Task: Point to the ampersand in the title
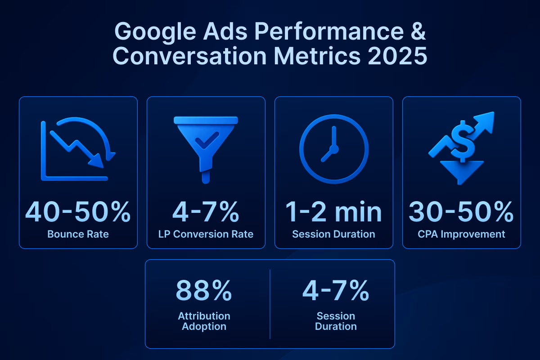pyautogui.click(x=417, y=34)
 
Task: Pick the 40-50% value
pyautogui.click(x=78, y=212)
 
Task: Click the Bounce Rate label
pyautogui.click(x=78, y=234)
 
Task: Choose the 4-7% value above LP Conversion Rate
pyautogui.click(x=206, y=212)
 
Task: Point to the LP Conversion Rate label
pyautogui.click(x=206, y=234)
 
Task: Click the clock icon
pyautogui.click(x=333, y=148)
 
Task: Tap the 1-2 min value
pyautogui.click(x=333, y=212)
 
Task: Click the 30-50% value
pyautogui.click(x=461, y=212)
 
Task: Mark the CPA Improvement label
pyautogui.click(x=461, y=234)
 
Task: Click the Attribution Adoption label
pyautogui.click(x=204, y=321)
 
